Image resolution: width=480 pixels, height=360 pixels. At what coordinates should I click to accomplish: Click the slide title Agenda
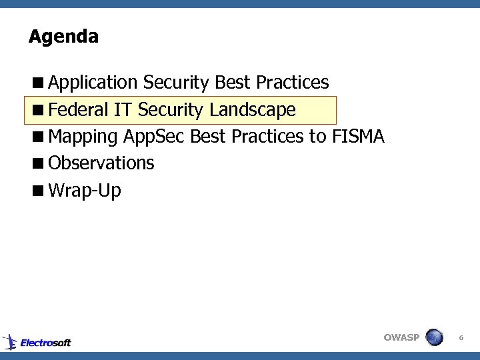63,37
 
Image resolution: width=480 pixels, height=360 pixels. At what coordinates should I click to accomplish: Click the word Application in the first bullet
93,83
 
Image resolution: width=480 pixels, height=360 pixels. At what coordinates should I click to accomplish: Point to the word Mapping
84,137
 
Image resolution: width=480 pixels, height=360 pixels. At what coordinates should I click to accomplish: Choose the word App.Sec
154,137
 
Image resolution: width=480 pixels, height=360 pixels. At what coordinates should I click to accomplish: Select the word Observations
101,163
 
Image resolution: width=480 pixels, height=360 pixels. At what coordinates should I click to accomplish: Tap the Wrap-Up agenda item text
85,191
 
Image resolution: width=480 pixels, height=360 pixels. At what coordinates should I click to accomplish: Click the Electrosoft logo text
45,343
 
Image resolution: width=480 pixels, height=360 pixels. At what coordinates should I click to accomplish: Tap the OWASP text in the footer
401,337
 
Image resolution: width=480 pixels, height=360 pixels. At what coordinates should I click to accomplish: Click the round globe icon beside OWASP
435,337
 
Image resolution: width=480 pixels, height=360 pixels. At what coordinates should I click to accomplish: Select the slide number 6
461,339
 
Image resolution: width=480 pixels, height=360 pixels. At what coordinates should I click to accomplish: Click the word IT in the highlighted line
123,109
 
